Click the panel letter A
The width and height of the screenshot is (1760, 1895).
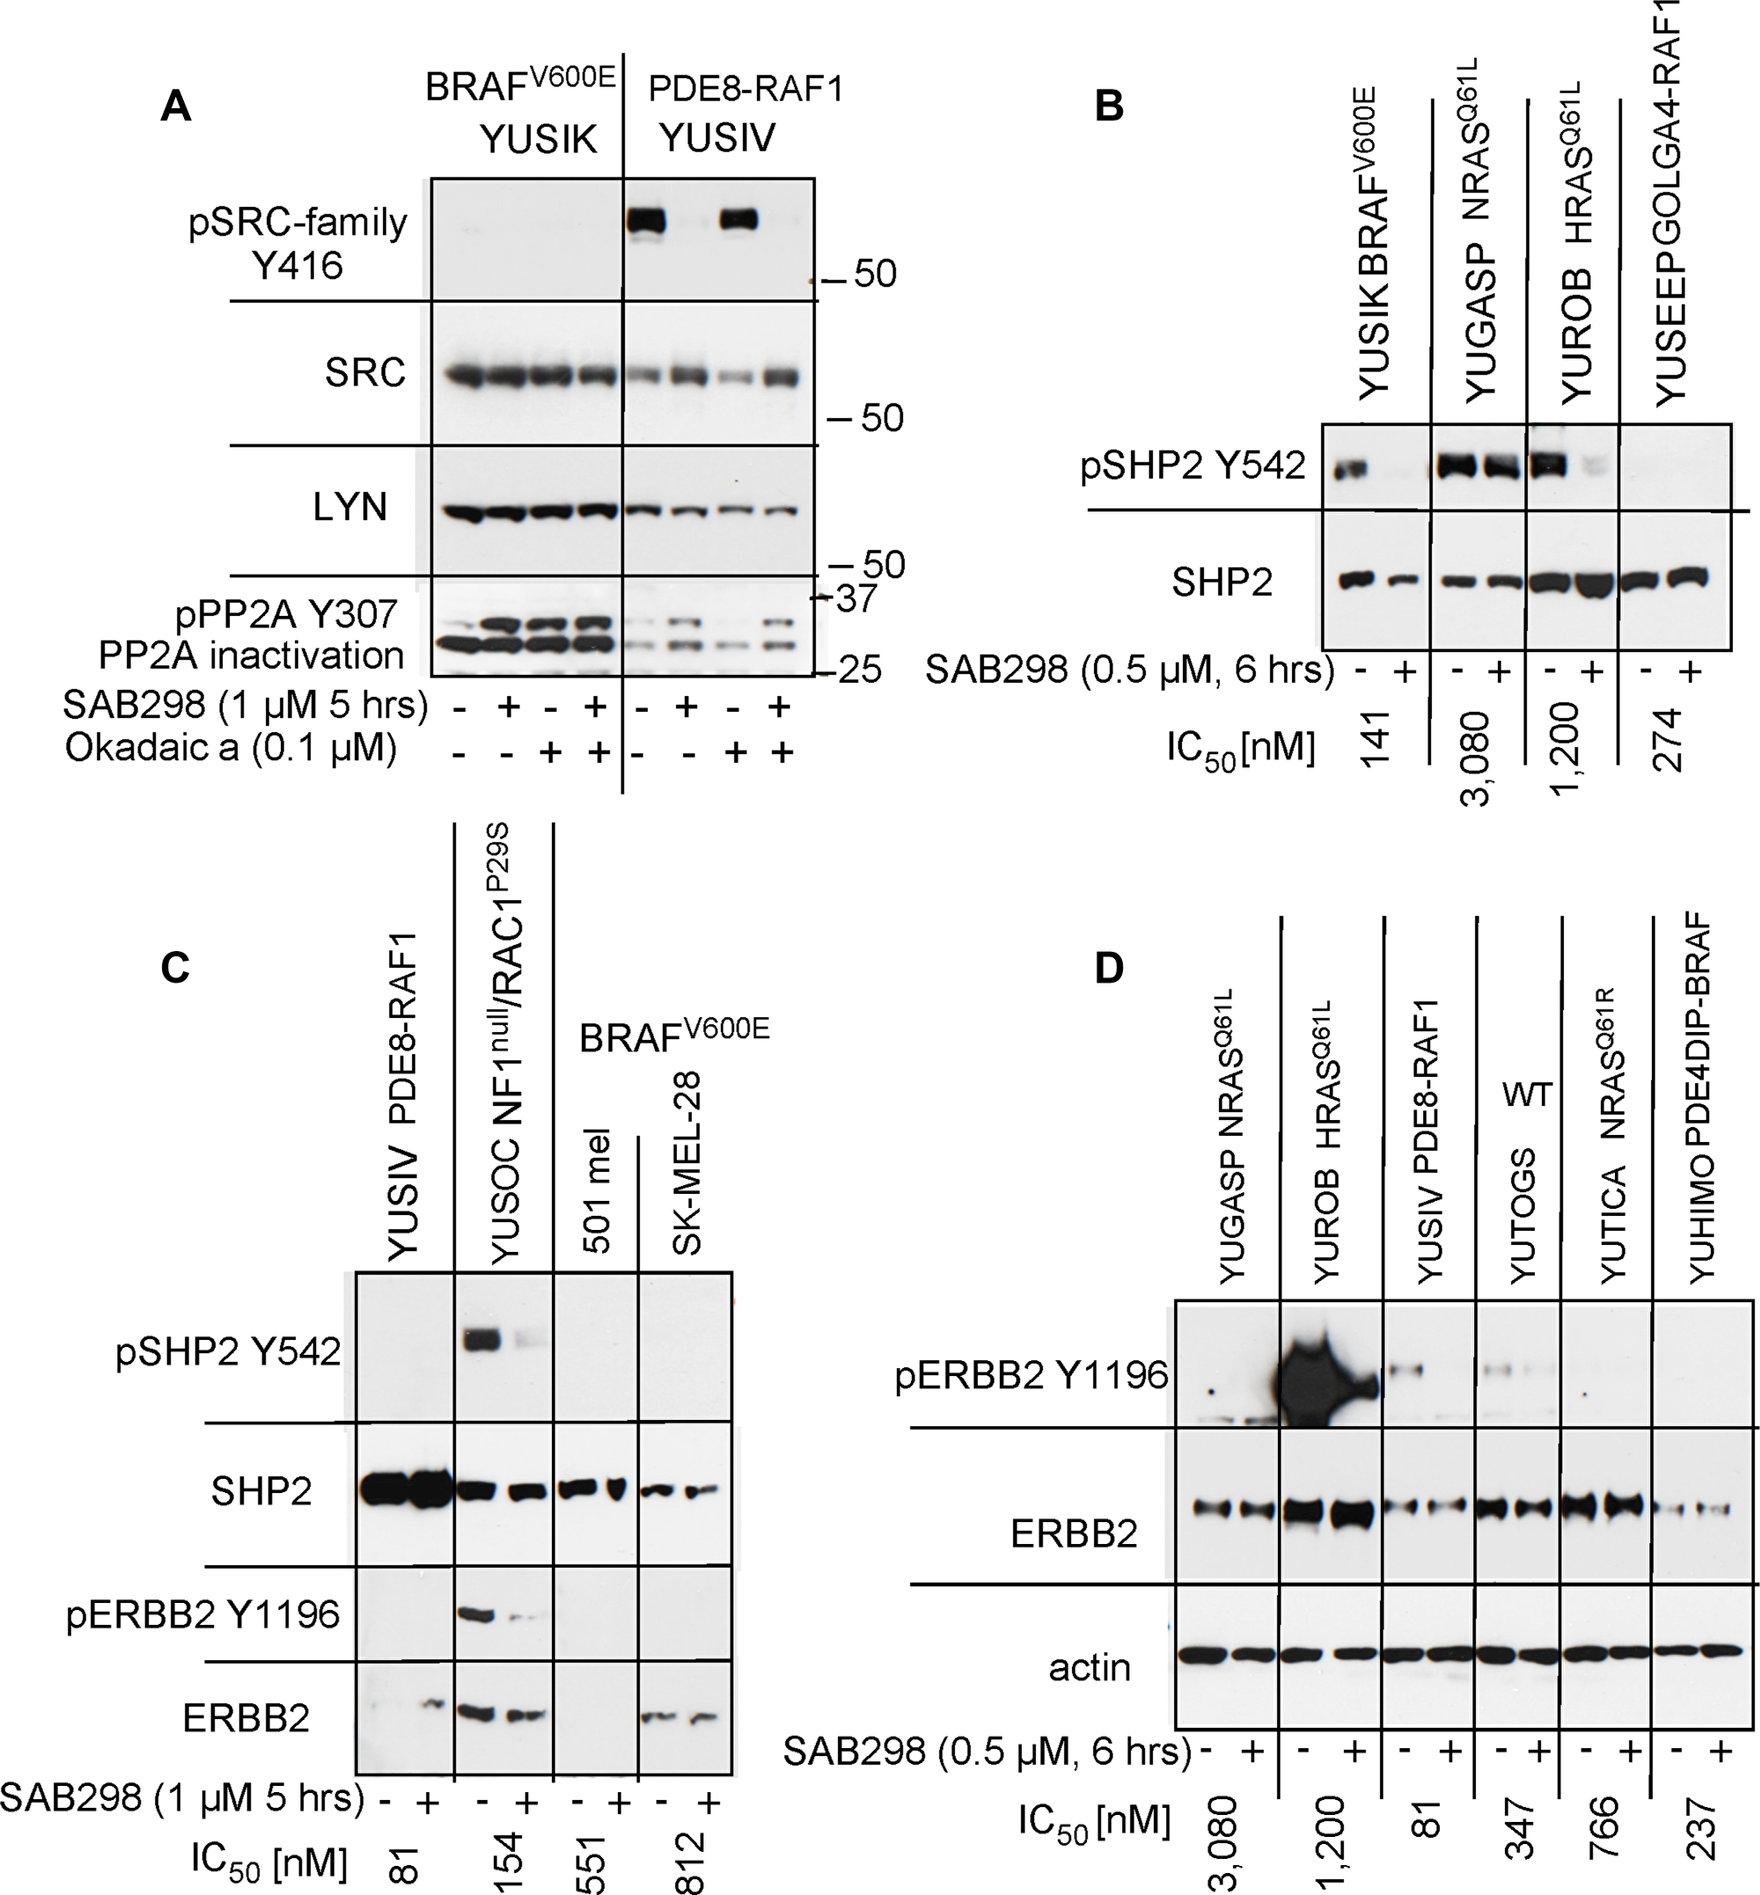(x=176, y=106)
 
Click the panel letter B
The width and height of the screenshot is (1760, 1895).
(x=1109, y=106)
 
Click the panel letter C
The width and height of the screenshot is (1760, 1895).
(x=175, y=967)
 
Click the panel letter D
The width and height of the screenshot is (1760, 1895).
(x=1109, y=968)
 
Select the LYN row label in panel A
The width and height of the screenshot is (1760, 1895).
(x=349, y=508)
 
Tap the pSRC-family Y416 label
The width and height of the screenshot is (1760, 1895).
(x=297, y=243)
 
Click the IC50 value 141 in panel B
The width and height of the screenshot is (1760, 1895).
(x=1377, y=737)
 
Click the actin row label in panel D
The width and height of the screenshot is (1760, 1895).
(x=1089, y=1668)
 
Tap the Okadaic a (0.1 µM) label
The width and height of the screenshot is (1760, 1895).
(x=231, y=749)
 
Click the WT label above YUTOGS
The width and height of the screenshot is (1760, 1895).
(x=1528, y=1095)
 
